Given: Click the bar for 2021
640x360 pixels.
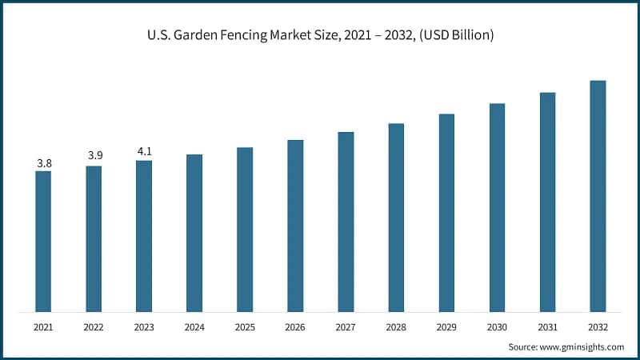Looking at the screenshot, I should click(43, 241).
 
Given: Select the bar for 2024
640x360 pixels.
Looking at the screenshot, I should click(194, 233).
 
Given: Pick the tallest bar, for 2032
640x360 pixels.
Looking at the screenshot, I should click(598, 196).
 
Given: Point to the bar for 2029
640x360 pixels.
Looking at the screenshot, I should click(446, 213).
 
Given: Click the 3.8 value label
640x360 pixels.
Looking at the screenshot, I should click(44, 163).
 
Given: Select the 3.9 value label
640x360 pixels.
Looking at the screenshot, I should click(94, 154).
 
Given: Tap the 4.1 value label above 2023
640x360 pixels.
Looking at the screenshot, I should click(144, 150).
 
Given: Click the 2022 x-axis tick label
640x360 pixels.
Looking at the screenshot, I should click(94, 327).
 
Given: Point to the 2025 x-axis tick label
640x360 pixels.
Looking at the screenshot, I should click(245, 327).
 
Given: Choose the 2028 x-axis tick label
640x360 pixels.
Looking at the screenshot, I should click(396, 327).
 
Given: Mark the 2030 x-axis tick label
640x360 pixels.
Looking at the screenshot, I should click(497, 327).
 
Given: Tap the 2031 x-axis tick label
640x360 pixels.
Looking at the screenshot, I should click(547, 327).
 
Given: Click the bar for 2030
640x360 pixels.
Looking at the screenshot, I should click(497, 207).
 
